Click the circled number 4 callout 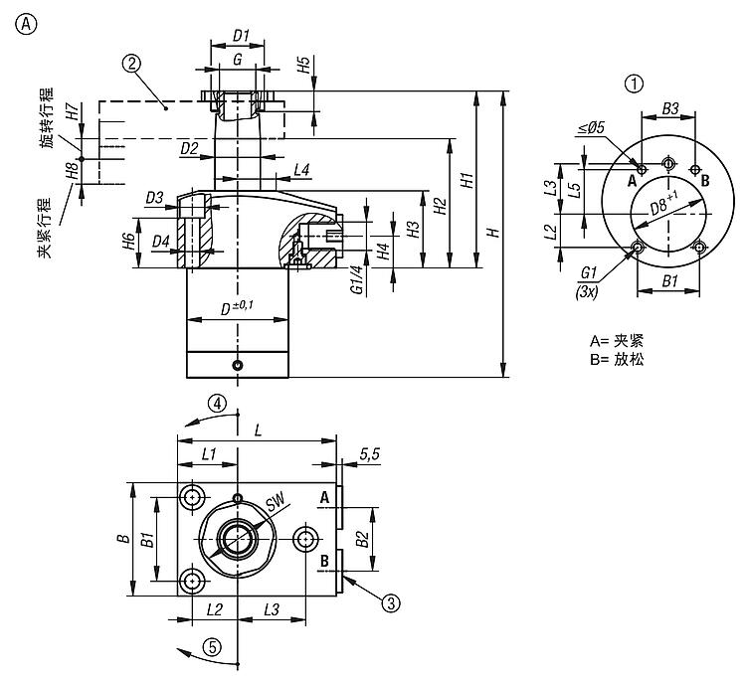tap(218, 403)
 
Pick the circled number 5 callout tap(211, 645)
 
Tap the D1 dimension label tap(240, 37)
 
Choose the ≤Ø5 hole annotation tap(590, 128)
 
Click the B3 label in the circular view tap(670, 107)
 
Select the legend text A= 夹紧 tap(616, 340)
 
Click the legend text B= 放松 tap(616, 360)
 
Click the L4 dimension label tap(301, 171)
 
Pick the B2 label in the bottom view tap(364, 541)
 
